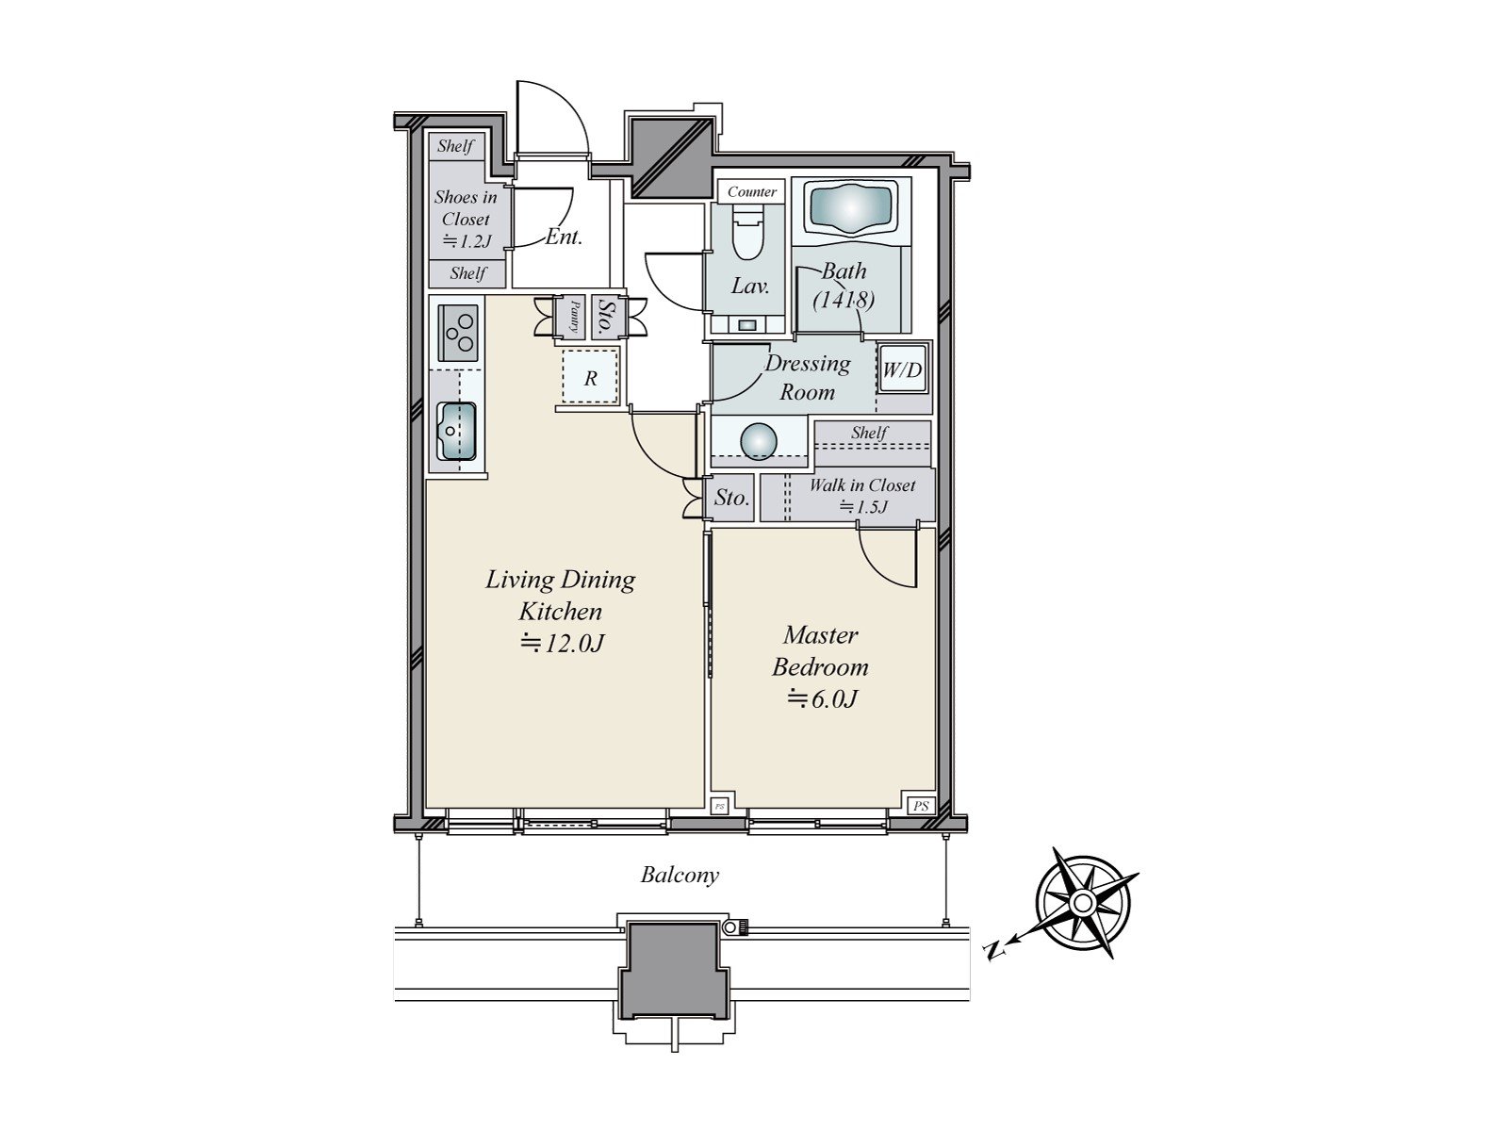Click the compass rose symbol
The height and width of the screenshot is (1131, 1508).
[1084, 903]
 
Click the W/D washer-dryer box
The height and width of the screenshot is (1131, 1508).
[901, 370]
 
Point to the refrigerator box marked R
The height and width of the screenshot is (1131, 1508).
[591, 379]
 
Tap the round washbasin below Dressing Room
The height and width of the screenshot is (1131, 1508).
[760, 442]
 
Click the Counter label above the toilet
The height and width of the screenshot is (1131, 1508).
[751, 191]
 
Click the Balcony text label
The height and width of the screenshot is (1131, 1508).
[680, 875]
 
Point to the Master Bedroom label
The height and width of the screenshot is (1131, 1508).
[820, 651]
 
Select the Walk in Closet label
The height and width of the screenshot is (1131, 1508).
[862, 485]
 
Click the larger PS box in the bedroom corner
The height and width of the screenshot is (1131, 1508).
[921, 806]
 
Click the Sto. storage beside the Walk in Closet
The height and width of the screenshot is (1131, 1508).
[730, 498]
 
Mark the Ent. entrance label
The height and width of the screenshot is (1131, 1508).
[564, 237]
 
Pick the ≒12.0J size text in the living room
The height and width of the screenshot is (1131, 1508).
[562, 644]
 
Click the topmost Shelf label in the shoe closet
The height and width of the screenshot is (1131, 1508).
[455, 146]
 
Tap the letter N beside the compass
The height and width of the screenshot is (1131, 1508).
[992, 950]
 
